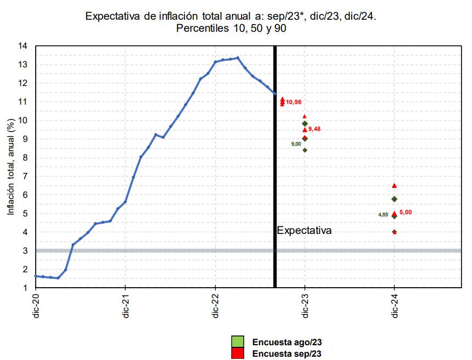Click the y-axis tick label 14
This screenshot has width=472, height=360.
(x=23, y=46)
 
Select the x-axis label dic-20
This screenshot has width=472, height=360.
(x=36, y=306)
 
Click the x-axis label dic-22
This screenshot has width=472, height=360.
(x=215, y=306)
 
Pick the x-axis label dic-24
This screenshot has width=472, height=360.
(x=394, y=306)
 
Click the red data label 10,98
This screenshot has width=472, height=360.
(x=293, y=102)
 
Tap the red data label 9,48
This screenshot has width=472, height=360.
(x=314, y=129)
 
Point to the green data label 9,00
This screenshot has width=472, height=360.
(x=296, y=144)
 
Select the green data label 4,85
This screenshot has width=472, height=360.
(x=383, y=215)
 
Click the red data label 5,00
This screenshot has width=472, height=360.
(x=406, y=212)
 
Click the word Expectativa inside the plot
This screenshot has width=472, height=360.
(x=304, y=231)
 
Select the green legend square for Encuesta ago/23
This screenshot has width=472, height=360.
(x=238, y=342)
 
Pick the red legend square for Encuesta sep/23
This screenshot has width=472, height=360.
(x=238, y=354)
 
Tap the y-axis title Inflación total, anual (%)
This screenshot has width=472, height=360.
(x=10, y=167)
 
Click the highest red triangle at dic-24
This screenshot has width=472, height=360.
(x=394, y=186)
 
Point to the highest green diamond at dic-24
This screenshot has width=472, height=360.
(x=394, y=199)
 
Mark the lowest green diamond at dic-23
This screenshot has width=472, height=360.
(x=305, y=150)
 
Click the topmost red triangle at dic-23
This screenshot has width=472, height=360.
(x=305, y=116)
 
